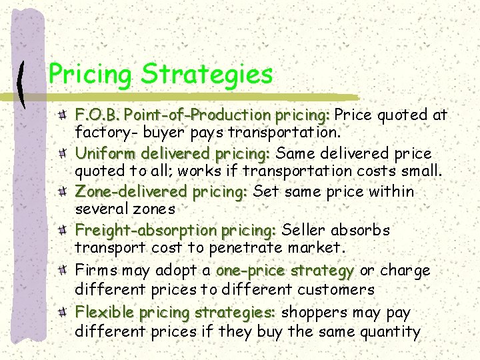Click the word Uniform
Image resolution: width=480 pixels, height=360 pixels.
tap(103, 153)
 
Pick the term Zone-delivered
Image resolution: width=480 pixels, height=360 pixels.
tap(131, 192)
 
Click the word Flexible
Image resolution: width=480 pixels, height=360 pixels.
tap(103, 312)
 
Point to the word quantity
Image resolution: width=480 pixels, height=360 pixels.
tap(389, 331)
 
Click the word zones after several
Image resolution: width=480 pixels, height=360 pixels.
tap(155, 210)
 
